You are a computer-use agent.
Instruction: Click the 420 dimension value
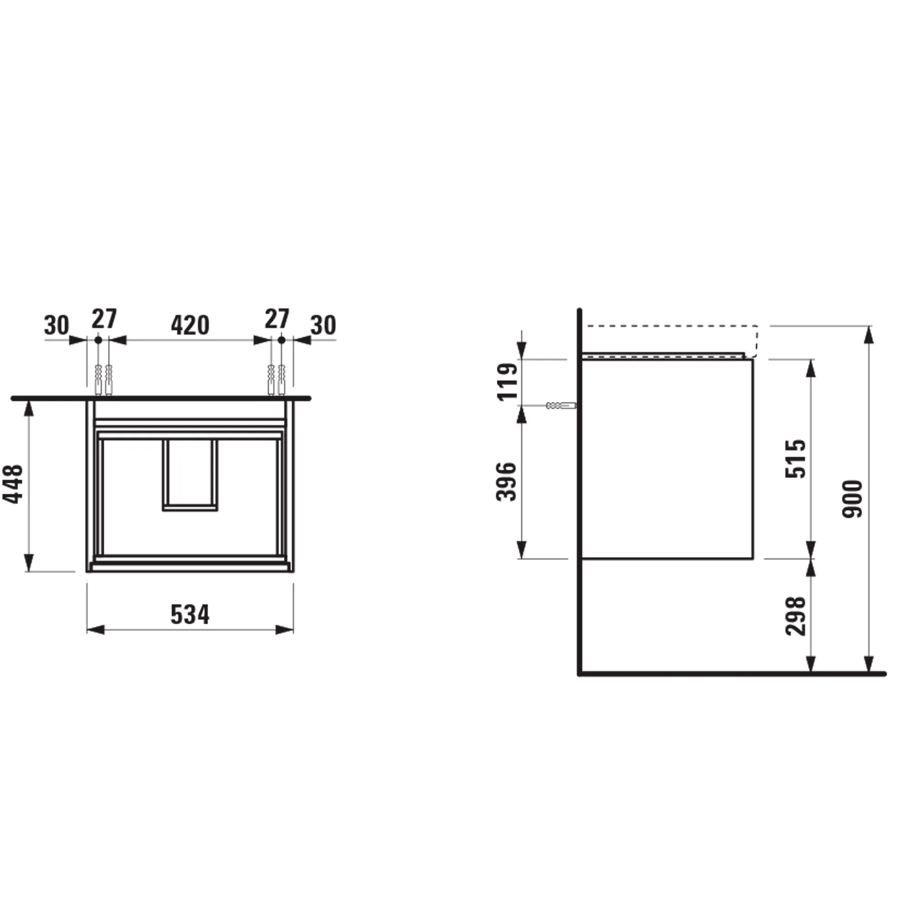coord(190,325)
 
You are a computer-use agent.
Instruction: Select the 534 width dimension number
coord(190,615)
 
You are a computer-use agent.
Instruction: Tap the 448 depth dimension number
coord(13,484)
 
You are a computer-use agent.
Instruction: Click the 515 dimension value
coord(795,459)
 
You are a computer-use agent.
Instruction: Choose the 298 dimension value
coord(795,616)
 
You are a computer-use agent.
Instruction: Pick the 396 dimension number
coord(507,482)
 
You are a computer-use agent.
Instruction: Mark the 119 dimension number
coord(508,382)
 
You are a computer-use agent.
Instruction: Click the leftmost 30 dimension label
coord(56,325)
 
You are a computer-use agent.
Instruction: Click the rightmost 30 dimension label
coord(323,325)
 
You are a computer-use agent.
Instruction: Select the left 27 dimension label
coord(104,319)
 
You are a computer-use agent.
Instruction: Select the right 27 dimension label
coord(277,319)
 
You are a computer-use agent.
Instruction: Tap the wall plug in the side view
coord(561,405)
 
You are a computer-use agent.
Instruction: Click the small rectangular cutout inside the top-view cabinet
coord(190,474)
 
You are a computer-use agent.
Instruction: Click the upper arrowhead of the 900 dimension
coord(869,335)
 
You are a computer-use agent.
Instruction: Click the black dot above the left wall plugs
coord(98,339)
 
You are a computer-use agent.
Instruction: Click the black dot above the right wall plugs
coord(281,339)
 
